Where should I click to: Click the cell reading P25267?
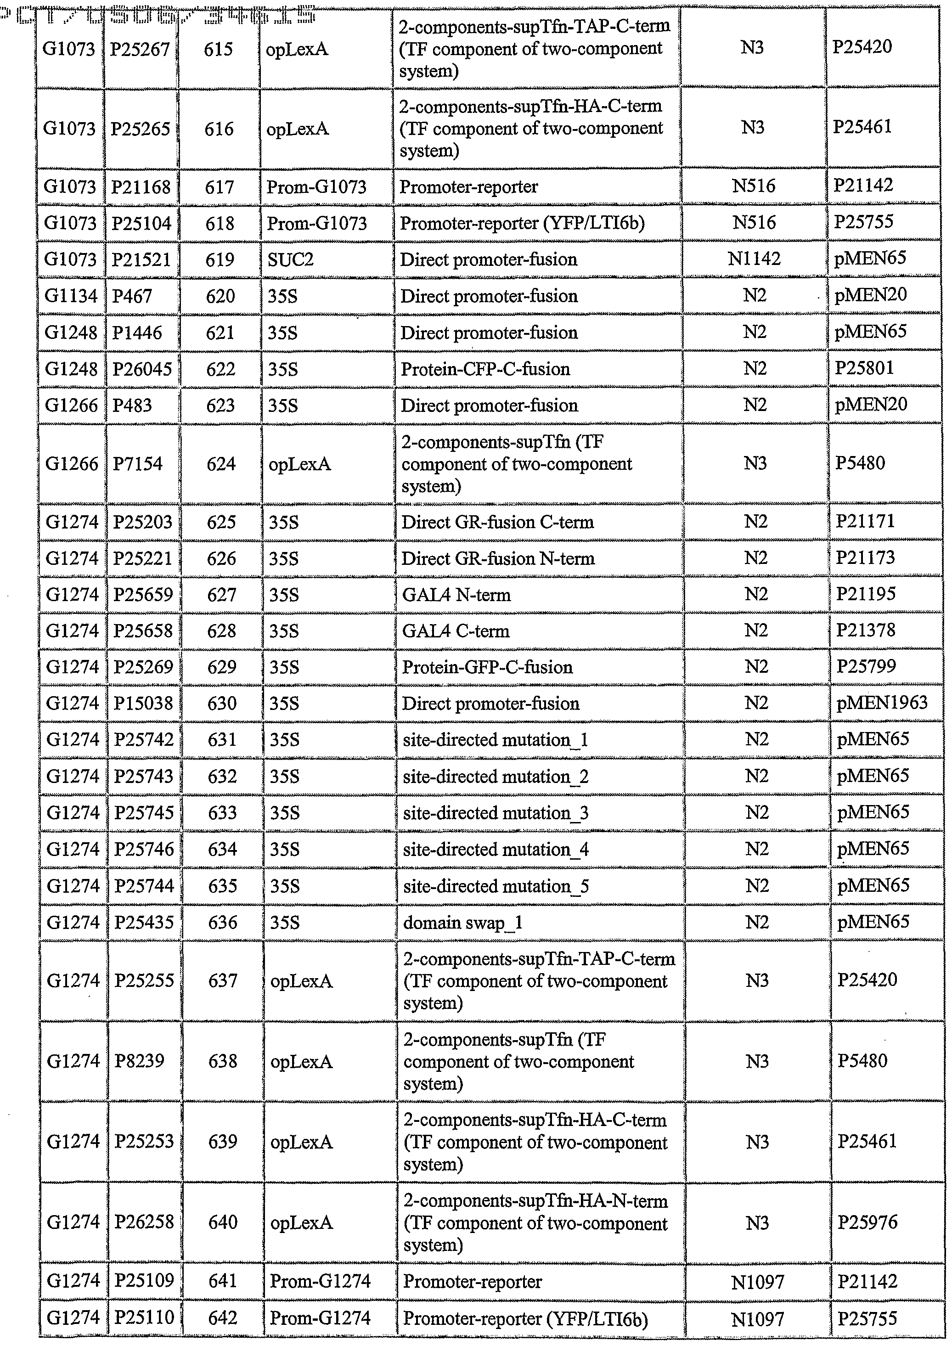coord(140,49)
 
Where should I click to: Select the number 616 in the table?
coord(219,129)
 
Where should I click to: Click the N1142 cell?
coord(754,259)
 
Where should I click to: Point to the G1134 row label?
coord(71,295)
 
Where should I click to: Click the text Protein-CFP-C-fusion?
coord(485,369)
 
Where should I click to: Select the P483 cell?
coord(132,405)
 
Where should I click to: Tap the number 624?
coord(220,464)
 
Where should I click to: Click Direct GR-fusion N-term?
coord(498,558)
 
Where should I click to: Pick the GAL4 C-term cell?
coord(456,631)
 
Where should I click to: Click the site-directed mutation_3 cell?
coord(496,812)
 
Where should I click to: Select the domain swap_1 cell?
coord(462,922)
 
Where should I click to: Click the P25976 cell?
coord(867,1222)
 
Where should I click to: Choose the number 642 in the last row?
coord(223,1317)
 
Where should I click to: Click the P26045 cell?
coord(142,369)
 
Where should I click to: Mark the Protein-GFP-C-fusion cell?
coord(487,667)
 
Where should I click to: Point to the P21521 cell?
coord(141,259)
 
